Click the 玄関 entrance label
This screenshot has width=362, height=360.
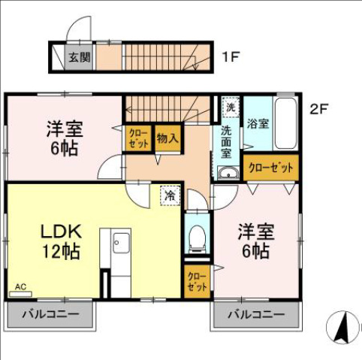point(80,56)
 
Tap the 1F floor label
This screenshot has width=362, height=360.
point(230,56)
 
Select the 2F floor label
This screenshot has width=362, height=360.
point(319,107)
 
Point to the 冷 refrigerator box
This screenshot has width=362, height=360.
point(170,195)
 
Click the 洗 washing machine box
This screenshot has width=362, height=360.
point(231,107)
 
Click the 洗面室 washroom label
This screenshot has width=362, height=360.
point(226,141)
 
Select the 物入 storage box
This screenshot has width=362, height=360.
point(167,138)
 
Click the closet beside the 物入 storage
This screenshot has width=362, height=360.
point(138,139)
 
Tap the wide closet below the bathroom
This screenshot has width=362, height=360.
point(270,168)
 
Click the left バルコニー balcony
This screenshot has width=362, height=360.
point(50,313)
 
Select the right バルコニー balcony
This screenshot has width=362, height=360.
point(258,313)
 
